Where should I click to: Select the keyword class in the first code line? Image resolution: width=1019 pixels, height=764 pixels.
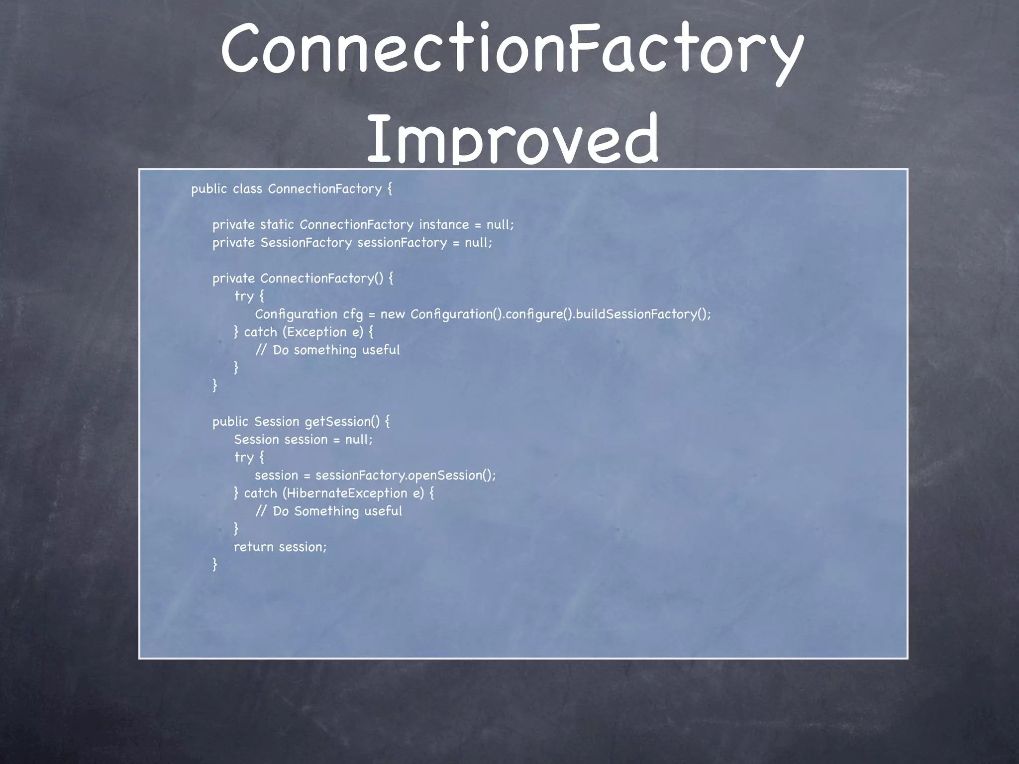click(x=247, y=189)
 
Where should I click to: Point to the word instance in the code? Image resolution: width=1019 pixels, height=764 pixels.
click(x=444, y=225)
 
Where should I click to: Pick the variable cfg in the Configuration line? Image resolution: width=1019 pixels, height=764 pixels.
click(x=353, y=315)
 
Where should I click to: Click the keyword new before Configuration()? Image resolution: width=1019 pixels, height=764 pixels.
click(x=393, y=314)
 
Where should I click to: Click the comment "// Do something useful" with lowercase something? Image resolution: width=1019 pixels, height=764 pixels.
click(x=328, y=350)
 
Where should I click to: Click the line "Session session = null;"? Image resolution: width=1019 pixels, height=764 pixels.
click(x=303, y=440)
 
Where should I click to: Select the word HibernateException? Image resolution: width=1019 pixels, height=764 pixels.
click(x=347, y=493)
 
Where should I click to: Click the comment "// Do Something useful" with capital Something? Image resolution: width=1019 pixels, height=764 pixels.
click(x=329, y=511)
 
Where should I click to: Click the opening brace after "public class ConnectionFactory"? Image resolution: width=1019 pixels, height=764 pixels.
click(x=389, y=189)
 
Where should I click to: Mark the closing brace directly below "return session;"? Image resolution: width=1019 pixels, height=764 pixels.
click(x=215, y=565)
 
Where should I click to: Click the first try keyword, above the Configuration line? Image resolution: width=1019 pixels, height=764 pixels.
click(x=243, y=296)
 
